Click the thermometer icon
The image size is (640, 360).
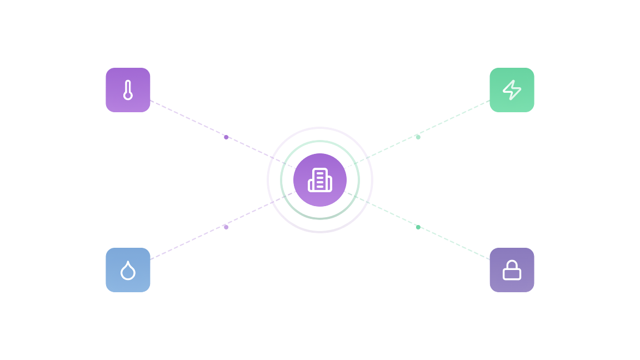pyautogui.click(x=128, y=90)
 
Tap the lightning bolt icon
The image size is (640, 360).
pyautogui.click(x=512, y=90)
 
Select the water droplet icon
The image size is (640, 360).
pyautogui.click(x=128, y=271)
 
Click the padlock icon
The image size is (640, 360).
pyautogui.click(x=512, y=271)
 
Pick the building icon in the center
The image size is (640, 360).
pyautogui.click(x=320, y=180)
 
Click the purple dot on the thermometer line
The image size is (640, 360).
pyautogui.click(x=226, y=137)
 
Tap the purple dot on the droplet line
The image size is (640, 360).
pyautogui.click(x=226, y=227)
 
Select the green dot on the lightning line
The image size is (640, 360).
pyautogui.click(x=418, y=137)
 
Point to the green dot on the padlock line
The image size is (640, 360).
pyautogui.click(x=418, y=227)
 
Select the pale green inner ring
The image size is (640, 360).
pyautogui.click(x=320, y=141)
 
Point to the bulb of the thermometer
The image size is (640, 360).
pyautogui.click(x=128, y=96)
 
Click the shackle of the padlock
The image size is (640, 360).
pyautogui.click(x=512, y=264)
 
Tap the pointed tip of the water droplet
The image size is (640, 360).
pyautogui.click(x=128, y=262)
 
